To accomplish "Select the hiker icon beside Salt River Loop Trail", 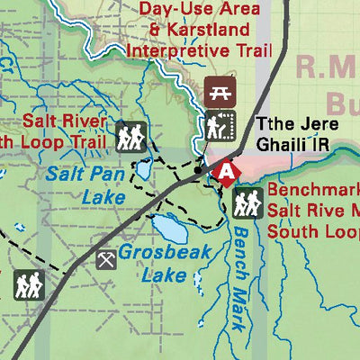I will coord(130,137).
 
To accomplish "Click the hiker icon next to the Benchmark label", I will coord(246,202).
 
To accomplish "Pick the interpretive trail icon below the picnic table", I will coord(219,127).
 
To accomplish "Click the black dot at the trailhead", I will coord(198,168).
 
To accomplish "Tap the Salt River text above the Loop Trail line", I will coord(66,121).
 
